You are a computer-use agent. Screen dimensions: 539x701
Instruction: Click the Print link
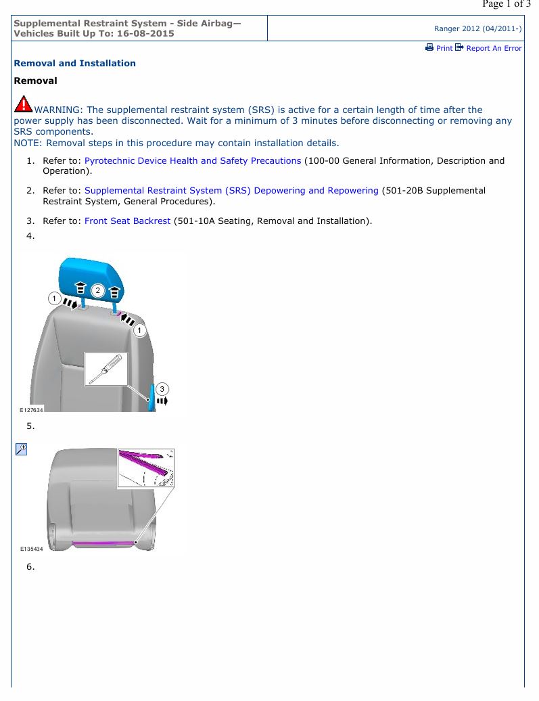tap(444, 48)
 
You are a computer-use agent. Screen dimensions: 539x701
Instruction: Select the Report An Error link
tap(494, 48)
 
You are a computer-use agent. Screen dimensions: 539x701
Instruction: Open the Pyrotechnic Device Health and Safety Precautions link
tap(193, 160)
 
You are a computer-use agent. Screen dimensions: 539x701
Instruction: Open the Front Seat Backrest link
tap(127, 221)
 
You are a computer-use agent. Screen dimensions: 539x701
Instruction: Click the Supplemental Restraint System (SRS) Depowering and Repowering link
tap(231, 190)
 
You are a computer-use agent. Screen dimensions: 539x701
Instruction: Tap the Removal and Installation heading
tap(74, 63)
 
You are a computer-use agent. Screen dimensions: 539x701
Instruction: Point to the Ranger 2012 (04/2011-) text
tap(477, 28)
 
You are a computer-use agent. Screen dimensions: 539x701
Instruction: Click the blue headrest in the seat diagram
tap(91, 277)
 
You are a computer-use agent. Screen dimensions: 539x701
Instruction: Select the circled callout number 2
tap(97, 290)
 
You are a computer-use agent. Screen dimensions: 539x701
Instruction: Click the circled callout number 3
tap(162, 389)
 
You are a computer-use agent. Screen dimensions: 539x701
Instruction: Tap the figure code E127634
tap(31, 410)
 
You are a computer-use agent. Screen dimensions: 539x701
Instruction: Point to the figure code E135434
tap(31, 549)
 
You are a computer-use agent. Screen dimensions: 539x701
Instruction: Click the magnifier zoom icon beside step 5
tap(22, 449)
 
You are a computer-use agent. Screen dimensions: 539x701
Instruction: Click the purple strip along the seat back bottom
tap(104, 543)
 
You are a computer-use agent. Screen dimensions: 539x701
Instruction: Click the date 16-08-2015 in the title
tap(145, 34)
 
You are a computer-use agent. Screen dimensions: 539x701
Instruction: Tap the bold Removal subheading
tap(35, 81)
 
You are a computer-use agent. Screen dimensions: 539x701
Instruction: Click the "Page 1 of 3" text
tap(507, 3)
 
